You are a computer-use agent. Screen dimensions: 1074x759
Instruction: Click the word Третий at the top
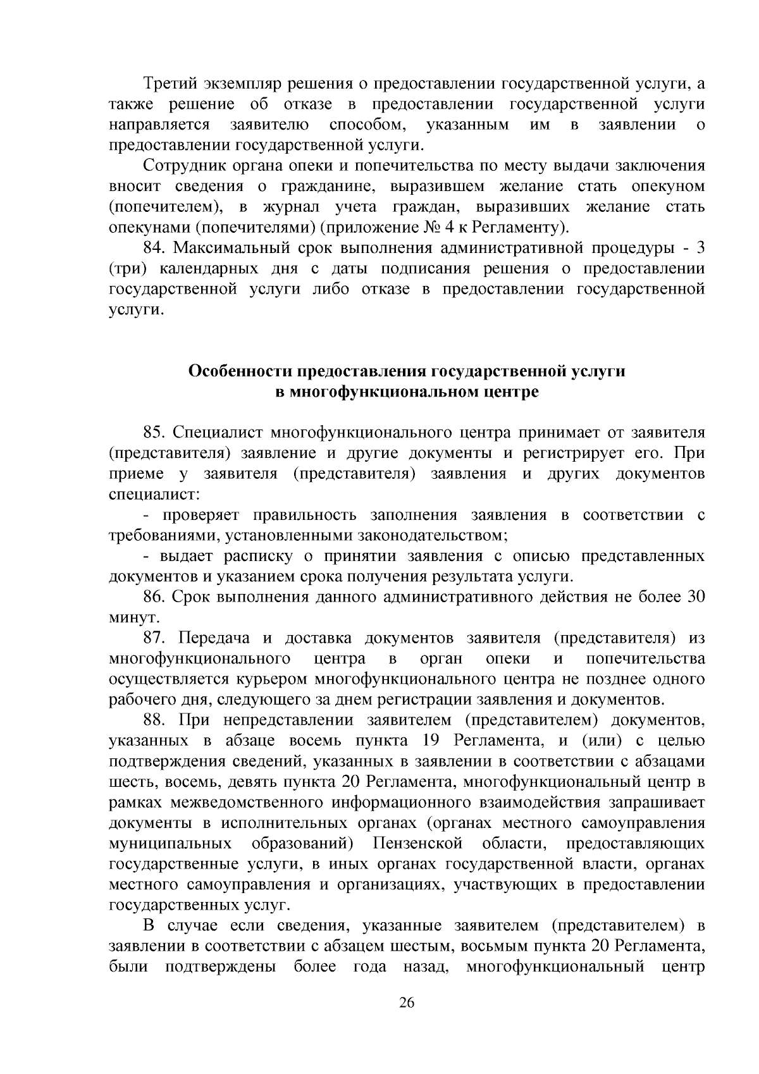[171, 83]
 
